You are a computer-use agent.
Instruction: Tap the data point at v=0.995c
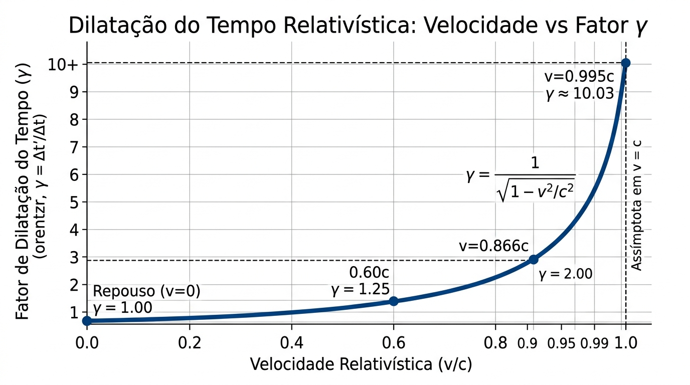[x=625, y=63]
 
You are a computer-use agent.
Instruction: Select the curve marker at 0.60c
[x=394, y=301]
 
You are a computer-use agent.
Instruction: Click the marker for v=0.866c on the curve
[x=534, y=259]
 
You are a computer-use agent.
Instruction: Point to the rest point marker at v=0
[x=87, y=320]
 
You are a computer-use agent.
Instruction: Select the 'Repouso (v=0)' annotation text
[x=147, y=291]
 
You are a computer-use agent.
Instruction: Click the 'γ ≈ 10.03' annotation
[x=580, y=93]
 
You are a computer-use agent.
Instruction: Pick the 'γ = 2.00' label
[x=566, y=274]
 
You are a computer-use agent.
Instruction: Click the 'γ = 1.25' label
[x=360, y=290]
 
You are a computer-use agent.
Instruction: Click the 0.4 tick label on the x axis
[x=292, y=343]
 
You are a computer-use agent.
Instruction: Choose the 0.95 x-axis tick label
[x=561, y=344]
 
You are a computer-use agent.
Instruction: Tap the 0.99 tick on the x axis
[x=594, y=344]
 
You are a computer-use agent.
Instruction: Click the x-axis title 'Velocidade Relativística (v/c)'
[x=361, y=364]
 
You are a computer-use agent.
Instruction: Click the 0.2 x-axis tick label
[x=190, y=343]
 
